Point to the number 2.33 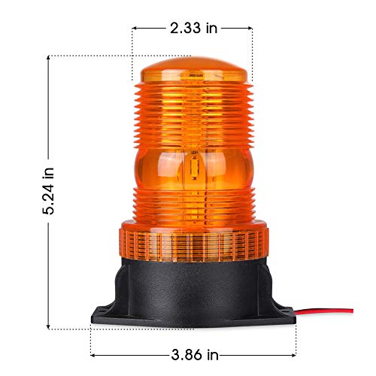pyautogui.click(x=183, y=28)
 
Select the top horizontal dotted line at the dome pyautogui.click(x=90, y=56)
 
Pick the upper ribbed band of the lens pyautogui.click(x=194, y=113)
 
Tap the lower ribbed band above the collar pyautogui.click(x=194, y=205)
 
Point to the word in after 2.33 pyautogui.click(x=211, y=28)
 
